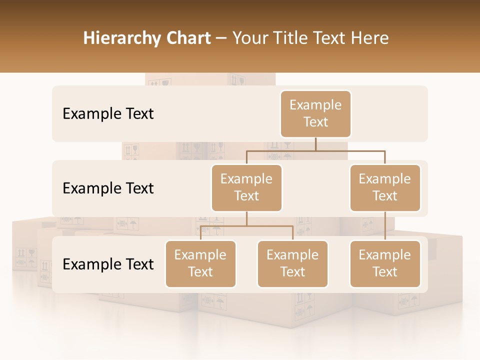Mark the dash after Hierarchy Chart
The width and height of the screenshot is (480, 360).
click(221, 38)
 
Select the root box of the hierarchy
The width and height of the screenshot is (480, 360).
click(315, 114)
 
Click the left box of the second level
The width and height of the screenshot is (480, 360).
click(246, 188)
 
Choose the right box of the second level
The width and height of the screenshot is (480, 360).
click(385, 188)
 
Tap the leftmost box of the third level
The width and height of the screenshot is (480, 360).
click(200, 264)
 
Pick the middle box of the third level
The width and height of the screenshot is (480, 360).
click(292, 264)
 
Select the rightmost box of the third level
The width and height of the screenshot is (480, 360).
click(385, 264)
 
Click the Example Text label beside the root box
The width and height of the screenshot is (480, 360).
click(108, 114)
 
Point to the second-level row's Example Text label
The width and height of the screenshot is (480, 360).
click(108, 188)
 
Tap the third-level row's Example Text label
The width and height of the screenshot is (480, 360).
click(108, 264)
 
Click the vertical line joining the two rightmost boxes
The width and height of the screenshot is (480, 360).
click(385, 226)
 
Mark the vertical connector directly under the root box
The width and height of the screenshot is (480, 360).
click(315, 144)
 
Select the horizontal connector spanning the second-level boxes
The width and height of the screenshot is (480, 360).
click(315, 150)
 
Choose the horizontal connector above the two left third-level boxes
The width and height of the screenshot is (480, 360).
click(246, 226)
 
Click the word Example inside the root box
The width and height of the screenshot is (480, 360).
click(315, 105)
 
